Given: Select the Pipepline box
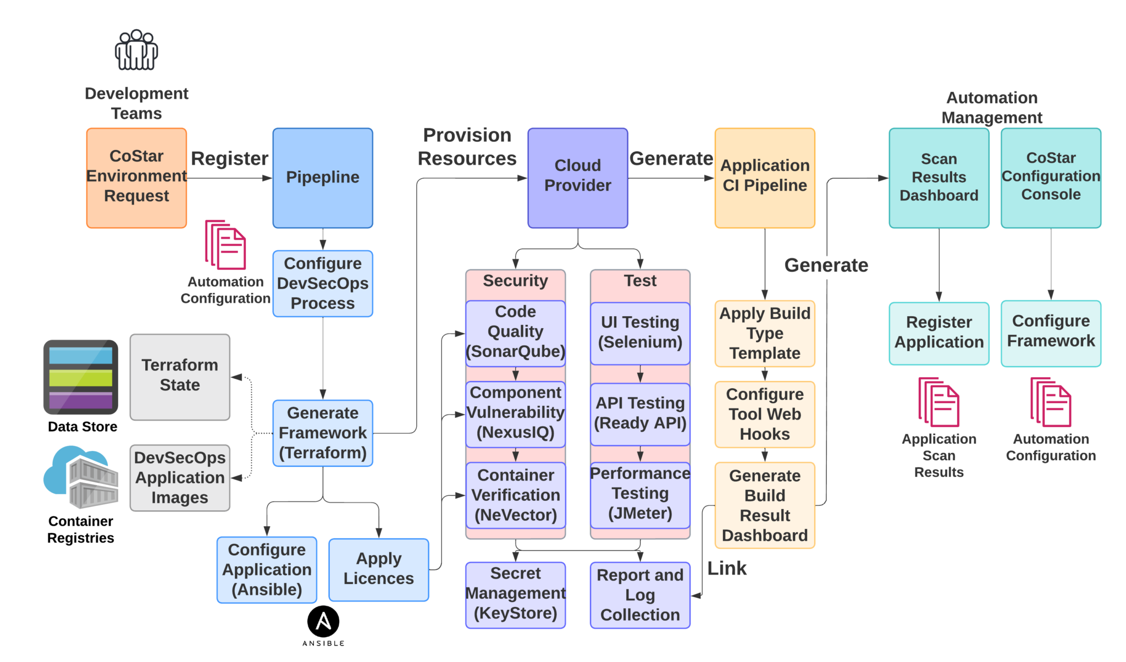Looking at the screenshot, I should click(x=323, y=178).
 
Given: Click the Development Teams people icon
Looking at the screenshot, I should click(x=136, y=51).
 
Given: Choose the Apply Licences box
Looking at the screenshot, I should click(x=378, y=569).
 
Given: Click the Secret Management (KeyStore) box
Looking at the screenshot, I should click(x=515, y=594).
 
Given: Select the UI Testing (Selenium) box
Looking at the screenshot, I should click(x=640, y=333).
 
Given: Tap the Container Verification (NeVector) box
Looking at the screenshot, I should click(x=515, y=495).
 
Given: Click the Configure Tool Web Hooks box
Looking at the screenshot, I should click(x=764, y=414).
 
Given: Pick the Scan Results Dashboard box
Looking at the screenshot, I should click(x=939, y=178).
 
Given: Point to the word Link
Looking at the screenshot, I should click(x=727, y=569).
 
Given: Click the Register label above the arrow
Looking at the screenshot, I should click(x=229, y=159).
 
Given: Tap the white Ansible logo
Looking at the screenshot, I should click(x=323, y=621).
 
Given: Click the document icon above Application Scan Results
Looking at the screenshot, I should click(x=939, y=402).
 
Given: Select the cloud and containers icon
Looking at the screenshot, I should click(x=81, y=477).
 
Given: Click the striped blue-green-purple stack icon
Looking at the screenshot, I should click(x=81, y=377).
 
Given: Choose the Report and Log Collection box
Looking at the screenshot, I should click(x=640, y=594).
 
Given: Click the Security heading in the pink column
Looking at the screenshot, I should click(x=515, y=281).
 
